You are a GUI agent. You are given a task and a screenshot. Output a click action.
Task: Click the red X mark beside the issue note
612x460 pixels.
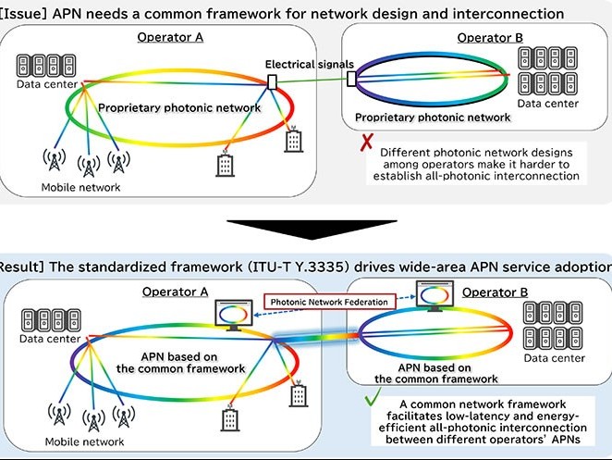366,143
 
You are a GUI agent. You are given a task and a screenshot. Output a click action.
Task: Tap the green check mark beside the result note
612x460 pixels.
373,396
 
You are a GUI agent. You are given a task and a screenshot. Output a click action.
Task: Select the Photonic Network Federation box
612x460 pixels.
330,302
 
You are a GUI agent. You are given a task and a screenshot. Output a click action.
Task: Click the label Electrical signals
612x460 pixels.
310,64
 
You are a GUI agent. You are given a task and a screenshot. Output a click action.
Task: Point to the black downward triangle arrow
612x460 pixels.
312,230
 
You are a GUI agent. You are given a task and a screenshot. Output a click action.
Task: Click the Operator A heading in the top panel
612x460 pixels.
170,37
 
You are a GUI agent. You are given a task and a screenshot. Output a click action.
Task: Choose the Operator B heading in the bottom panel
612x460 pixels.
495,292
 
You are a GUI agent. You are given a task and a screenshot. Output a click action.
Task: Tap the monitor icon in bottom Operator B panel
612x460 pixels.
435,296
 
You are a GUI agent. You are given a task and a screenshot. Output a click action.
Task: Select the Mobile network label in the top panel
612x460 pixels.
80,187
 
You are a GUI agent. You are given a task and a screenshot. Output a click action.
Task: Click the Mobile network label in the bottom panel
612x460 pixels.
84,441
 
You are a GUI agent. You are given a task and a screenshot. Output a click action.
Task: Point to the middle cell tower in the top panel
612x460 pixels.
89,166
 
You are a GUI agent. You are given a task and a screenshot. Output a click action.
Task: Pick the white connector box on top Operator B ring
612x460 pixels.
351,79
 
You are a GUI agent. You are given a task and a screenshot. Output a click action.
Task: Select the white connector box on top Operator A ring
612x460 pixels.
272,82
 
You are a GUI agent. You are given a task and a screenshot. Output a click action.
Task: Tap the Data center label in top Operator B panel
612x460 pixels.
547,104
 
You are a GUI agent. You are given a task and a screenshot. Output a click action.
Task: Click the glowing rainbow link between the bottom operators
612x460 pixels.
315,337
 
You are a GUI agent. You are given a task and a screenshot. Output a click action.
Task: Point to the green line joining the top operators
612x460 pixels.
312,81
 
